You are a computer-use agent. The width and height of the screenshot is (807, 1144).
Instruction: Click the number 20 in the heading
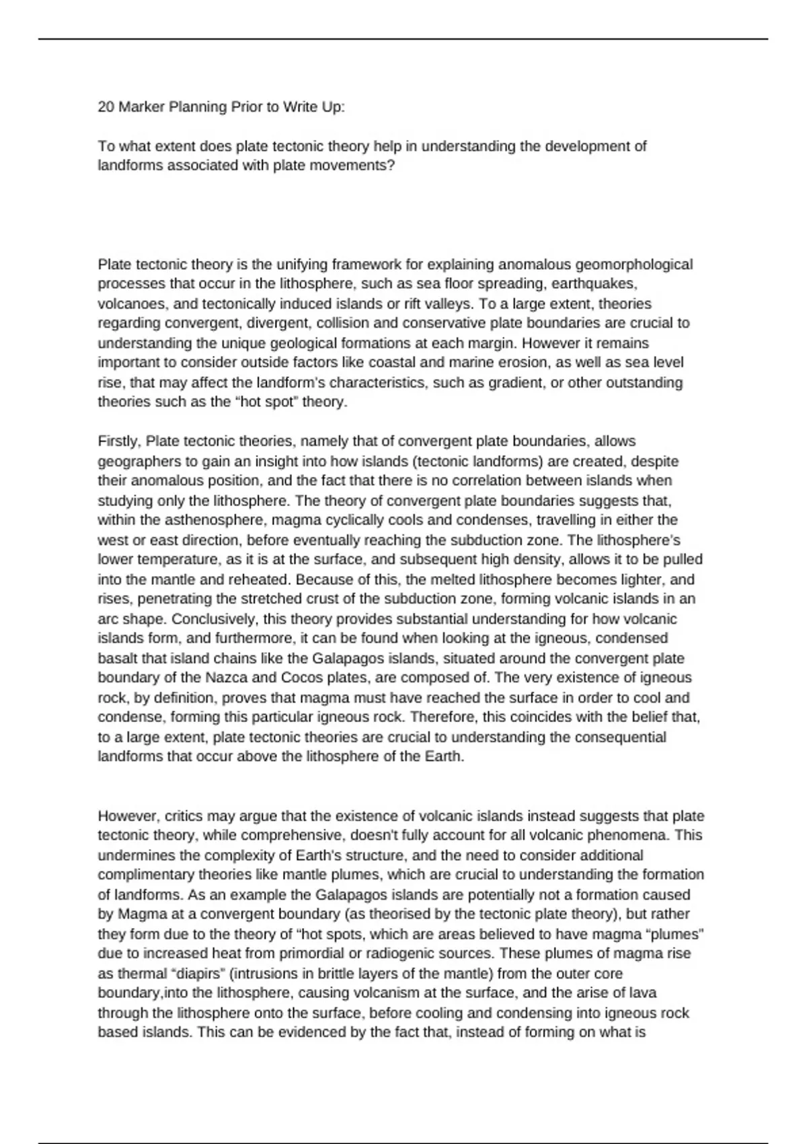[x=106, y=106]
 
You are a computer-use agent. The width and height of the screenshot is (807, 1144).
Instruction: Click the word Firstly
[x=118, y=441]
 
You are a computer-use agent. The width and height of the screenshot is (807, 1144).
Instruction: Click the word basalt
[x=117, y=658]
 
